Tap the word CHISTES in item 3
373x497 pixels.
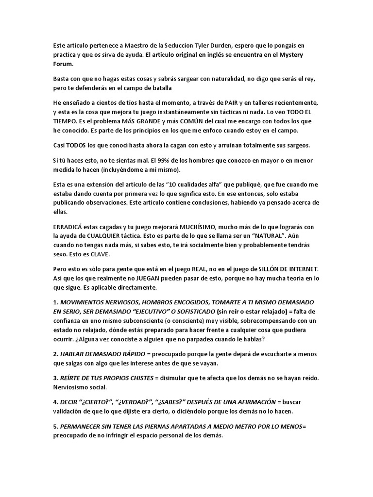point(133,377)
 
